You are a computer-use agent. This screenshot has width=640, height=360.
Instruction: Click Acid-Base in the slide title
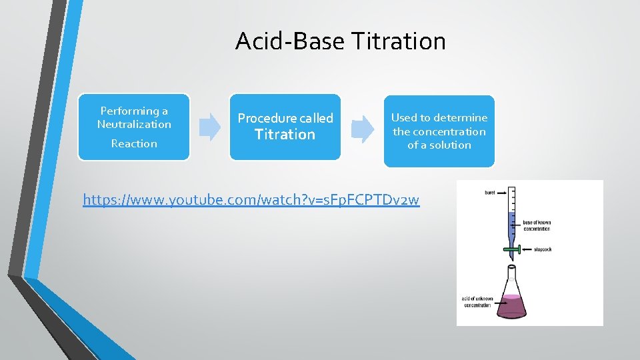[x=289, y=41]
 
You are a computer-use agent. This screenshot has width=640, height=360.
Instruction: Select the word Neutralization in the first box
[x=134, y=125]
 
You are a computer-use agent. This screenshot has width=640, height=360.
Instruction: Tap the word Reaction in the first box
[x=134, y=143]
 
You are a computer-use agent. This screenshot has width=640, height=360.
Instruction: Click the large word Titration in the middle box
[x=285, y=135]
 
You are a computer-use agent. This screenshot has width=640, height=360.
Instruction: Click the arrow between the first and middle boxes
[x=210, y=127]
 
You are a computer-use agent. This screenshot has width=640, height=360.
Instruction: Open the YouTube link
[x=251, y=199]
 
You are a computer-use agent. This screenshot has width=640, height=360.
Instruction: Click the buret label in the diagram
[x=490, y=193]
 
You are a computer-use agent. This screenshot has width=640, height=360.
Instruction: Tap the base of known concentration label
[x=537, y=225]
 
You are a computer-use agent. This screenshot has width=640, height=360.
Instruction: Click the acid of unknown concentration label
[x=476, y=302]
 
